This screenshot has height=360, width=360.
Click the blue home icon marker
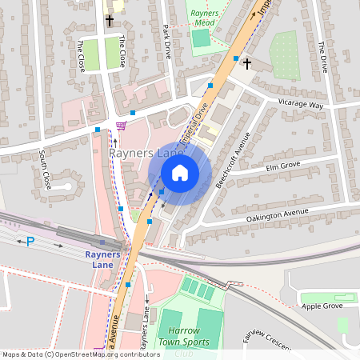(180, 172)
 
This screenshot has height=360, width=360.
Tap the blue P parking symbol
(30, 241)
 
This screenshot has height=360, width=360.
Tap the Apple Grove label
(322, 306)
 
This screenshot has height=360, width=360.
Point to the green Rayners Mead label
(209, 18)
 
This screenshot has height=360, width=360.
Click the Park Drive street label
(167, 40)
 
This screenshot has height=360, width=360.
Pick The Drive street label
(323, 57)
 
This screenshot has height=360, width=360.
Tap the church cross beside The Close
(110, 21)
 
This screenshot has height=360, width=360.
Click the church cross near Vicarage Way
(247, 62)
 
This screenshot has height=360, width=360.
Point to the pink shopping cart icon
(120, 126)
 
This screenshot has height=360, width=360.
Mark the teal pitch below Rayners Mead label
(201, 38)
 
